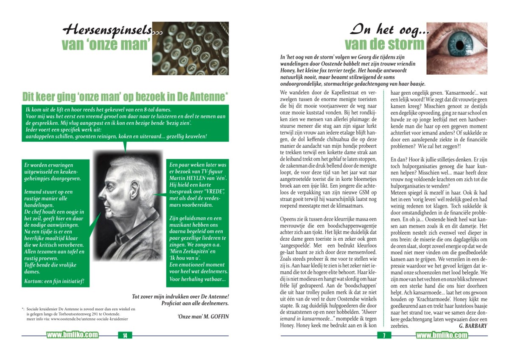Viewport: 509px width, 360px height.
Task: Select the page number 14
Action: coord(125,336)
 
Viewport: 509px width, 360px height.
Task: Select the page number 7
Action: coord(384,336)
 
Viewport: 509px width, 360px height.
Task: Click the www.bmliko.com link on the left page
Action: coord(73,335)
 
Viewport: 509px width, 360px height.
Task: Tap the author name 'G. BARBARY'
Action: coord(473,326)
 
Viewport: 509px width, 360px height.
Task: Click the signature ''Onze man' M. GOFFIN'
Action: coord(203,316)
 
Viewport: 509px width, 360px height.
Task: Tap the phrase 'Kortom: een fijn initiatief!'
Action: coord(55,281)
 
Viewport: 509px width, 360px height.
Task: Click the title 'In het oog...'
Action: coord(389,30)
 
